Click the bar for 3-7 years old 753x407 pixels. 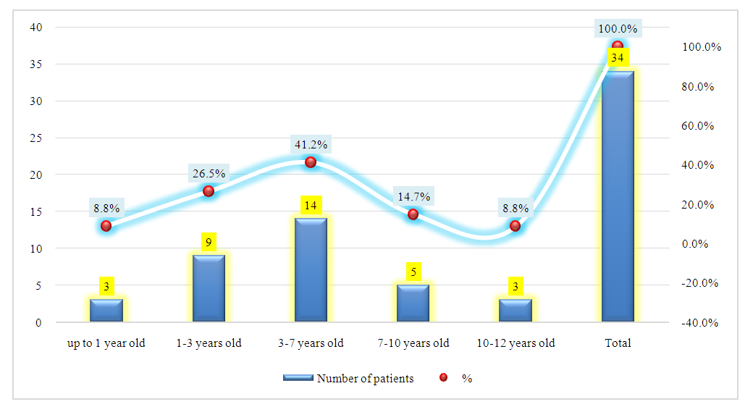(311, 269)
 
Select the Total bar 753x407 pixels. (618, 196)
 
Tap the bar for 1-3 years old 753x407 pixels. (209, 288)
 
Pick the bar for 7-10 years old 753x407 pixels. (413, 303)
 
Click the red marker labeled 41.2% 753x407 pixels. (311, 162)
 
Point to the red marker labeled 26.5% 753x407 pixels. (209, 191)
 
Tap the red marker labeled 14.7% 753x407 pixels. (413, 214)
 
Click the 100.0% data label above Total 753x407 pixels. (618, 29)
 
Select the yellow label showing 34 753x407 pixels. (618, 57)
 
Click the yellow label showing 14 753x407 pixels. (311, 205)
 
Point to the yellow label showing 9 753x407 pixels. (209, 242)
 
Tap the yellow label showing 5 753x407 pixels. (413, 272)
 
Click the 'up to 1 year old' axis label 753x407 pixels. (106, 343)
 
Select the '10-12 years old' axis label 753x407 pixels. (516, 343)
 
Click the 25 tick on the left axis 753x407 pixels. (35, 138)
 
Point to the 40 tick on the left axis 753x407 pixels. (35, 28)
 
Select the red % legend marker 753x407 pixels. (444, 378)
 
